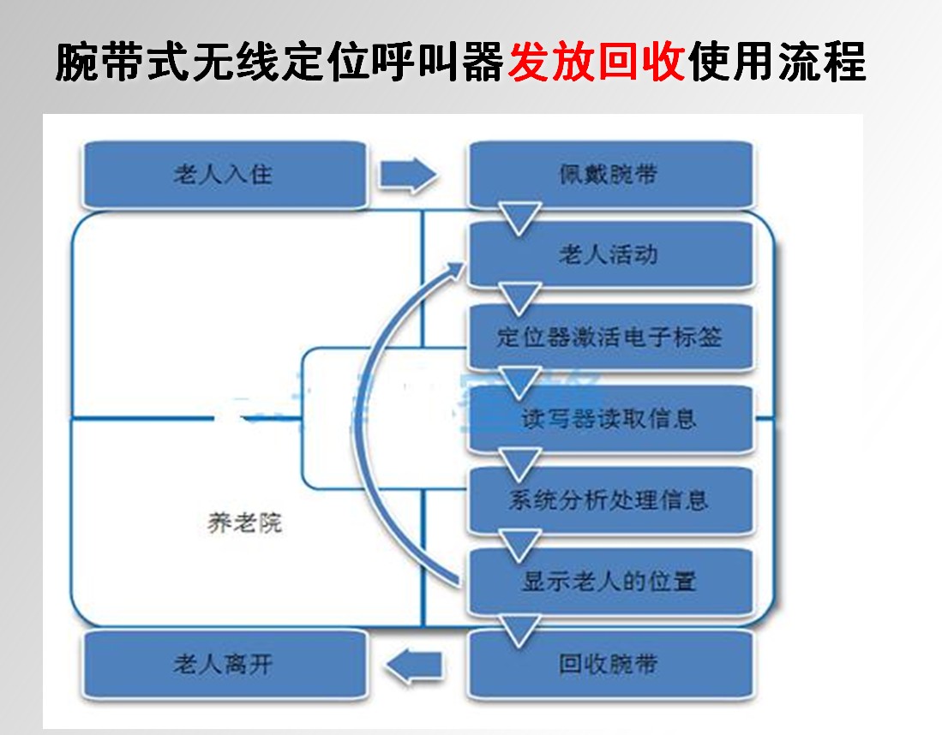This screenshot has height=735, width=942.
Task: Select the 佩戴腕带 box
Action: (609, 175)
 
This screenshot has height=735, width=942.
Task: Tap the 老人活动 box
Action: (609, 254)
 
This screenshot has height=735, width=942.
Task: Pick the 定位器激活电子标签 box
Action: (609, 336)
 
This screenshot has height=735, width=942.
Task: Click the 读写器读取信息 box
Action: (609, 418)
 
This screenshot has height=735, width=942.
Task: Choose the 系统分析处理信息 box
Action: (609, 499)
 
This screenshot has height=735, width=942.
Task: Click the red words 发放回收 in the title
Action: (597, 63)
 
